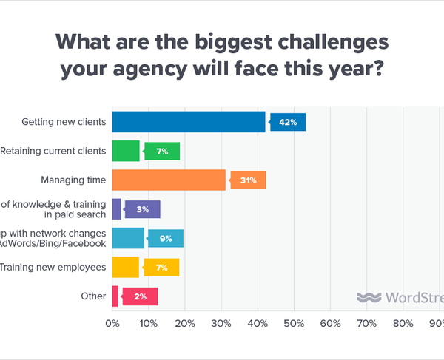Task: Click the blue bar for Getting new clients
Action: click(189, 122)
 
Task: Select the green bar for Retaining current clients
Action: click(126, 152)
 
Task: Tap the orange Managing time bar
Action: click(169, 180)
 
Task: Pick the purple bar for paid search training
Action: click(117, 209)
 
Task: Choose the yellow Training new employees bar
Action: click(126, 267)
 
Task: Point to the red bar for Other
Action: click(115, 296)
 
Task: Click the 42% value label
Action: click(288, 122)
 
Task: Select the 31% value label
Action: click(248, 180)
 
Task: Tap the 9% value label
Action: click(165, 238)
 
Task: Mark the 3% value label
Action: click(142, 209)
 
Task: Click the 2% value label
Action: click(140, 296)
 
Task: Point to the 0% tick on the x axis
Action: click(112, 323)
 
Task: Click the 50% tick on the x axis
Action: click(294, 323)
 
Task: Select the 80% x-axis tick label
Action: click(403, 323)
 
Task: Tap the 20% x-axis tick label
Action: click(185, 323)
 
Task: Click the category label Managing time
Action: click(73, 180)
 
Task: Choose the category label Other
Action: click(93, 296)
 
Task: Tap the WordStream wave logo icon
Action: click(368, 297)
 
